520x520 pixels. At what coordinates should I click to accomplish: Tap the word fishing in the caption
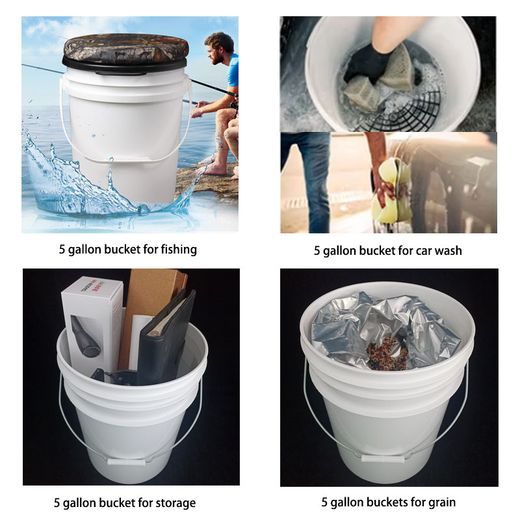[176, 249]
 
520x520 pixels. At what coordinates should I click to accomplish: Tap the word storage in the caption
[174, 502]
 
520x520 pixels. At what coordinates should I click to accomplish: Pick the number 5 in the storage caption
[57, 502]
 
